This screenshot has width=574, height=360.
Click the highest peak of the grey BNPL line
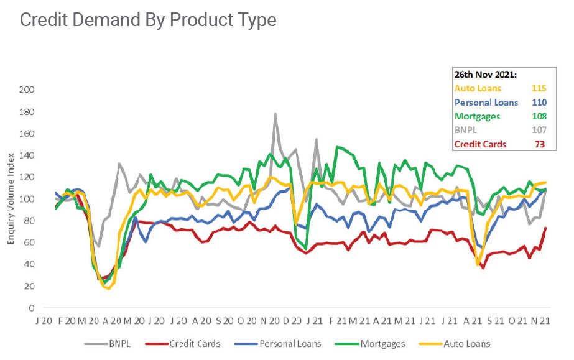tap(275, 114)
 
